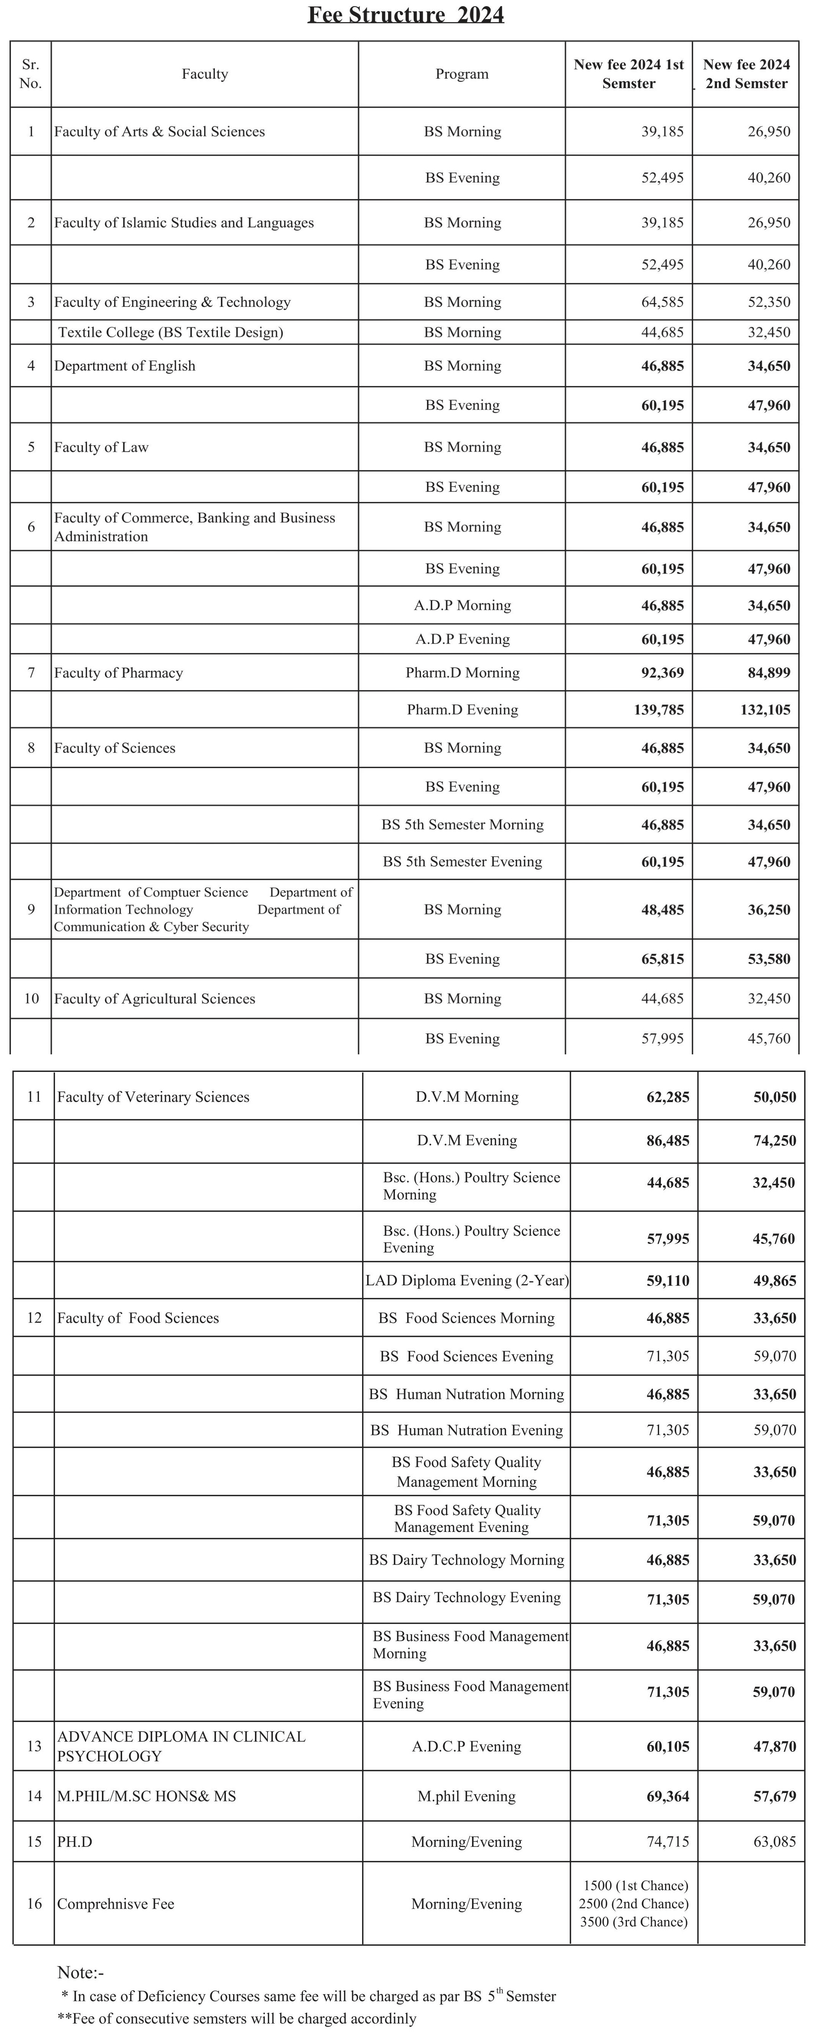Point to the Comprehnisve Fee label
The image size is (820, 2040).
[x=116, y=1904]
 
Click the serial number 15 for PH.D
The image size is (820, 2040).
[x=34, y=1842]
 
